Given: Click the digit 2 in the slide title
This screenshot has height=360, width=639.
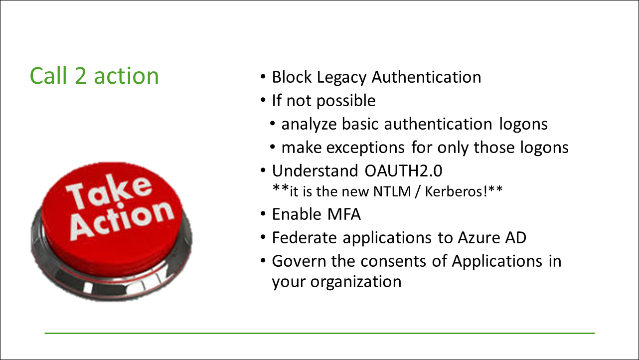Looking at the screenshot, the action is pos(80,76).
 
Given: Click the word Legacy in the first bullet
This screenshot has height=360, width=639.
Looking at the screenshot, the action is pos(341,78).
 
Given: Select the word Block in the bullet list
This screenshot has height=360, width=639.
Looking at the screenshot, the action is pos(292,77).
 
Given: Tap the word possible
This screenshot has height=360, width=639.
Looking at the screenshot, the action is pos(346,101).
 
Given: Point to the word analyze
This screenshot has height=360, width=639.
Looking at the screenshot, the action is pos(309,125).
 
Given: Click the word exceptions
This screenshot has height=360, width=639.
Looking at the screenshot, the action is pos(365,148).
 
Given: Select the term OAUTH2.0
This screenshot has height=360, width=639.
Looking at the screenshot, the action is pos(403,171).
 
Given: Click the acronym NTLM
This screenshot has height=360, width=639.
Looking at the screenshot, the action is pos(392,191).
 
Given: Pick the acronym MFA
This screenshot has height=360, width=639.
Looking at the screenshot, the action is pos(344,214).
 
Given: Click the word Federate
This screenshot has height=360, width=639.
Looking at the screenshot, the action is pos(304,238).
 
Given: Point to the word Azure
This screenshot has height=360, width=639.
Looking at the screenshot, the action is pos(479,238).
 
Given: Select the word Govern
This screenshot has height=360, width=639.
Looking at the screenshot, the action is pos(299,261).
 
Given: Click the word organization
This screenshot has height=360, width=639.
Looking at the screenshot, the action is pos(356,282).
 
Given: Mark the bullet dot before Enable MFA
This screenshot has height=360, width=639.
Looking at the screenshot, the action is pos(263,214).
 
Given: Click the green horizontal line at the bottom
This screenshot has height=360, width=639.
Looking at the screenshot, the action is pos(319,333).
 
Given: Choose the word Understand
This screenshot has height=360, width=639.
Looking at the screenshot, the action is pos(315,171).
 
